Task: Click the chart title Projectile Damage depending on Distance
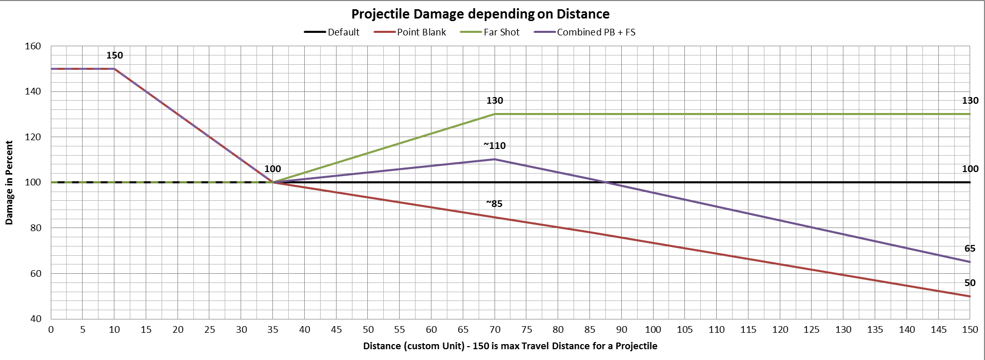coord(480,14)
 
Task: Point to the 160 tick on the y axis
coord(33,46)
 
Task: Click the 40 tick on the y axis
coord(35,318)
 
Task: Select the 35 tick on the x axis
coord(273,330)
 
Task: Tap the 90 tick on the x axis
coord(621,330)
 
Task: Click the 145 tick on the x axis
coord(938,330)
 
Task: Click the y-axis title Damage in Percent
coord(9,183)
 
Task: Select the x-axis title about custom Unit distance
coord(510,346)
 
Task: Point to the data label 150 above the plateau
coord(114,55)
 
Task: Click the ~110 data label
coord(495,146)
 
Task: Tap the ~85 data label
coord(494,204)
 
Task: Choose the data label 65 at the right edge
coord(970,249)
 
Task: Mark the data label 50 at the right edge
coord(970,283)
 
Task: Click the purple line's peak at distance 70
coord(495,159)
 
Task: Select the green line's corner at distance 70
coord(495,114)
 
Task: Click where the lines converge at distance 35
coord(273,182)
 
